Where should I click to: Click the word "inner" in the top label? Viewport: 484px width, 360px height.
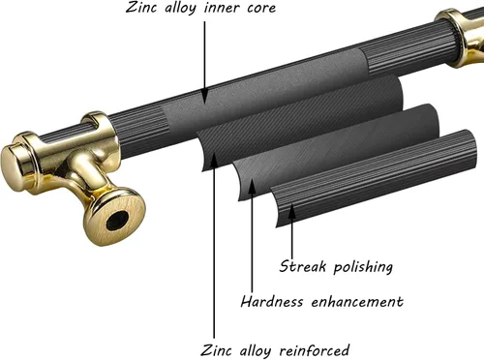coord(222,8)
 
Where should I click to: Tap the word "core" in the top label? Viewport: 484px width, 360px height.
coord(261,8)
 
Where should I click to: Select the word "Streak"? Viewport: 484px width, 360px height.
coord(303,266)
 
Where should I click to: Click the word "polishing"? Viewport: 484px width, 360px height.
coord(363,267)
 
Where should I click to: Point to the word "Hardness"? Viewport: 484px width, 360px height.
coord(272,302)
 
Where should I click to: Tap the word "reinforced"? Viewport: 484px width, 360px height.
coord(315,350)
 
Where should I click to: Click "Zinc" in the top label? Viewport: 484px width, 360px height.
coord(140,7)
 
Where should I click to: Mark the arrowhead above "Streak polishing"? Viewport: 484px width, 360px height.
coord(291,213)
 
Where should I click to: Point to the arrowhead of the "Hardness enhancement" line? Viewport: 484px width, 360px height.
coord(252,186)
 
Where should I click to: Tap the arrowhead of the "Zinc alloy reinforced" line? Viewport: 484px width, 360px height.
coord(213,159)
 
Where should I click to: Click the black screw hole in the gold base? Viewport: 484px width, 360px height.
coord(117,220)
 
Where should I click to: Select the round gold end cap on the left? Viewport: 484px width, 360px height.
coord(16,162)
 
